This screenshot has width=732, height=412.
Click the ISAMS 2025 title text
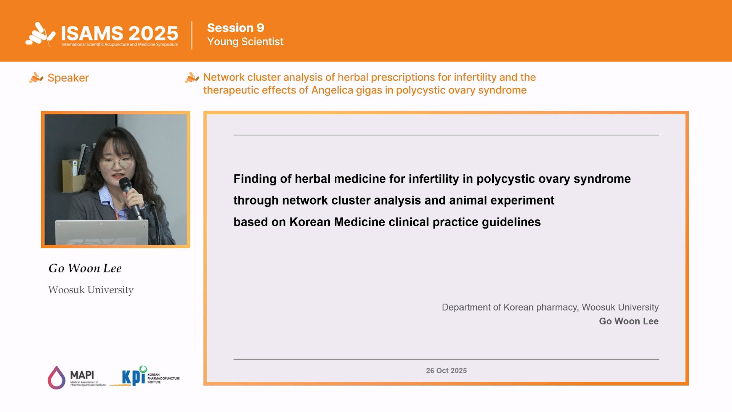[120, 33]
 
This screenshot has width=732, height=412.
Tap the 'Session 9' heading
[236, 28]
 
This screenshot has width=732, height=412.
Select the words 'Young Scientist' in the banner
[245, 42]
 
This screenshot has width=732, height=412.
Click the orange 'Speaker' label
[68, 78]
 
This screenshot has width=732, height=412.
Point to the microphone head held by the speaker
[125, 185]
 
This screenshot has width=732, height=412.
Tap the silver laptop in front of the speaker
[102, 232]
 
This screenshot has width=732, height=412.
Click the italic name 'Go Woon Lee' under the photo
[85, 268]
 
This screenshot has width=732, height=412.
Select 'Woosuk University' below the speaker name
[91, 290]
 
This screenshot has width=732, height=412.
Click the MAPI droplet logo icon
[56, 378]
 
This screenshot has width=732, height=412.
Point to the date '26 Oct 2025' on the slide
[446, 370]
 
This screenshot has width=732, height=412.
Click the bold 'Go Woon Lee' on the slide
[629, 321]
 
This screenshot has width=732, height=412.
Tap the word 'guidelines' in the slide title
[511, 222]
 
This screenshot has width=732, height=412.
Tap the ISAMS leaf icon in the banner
[40, 34]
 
